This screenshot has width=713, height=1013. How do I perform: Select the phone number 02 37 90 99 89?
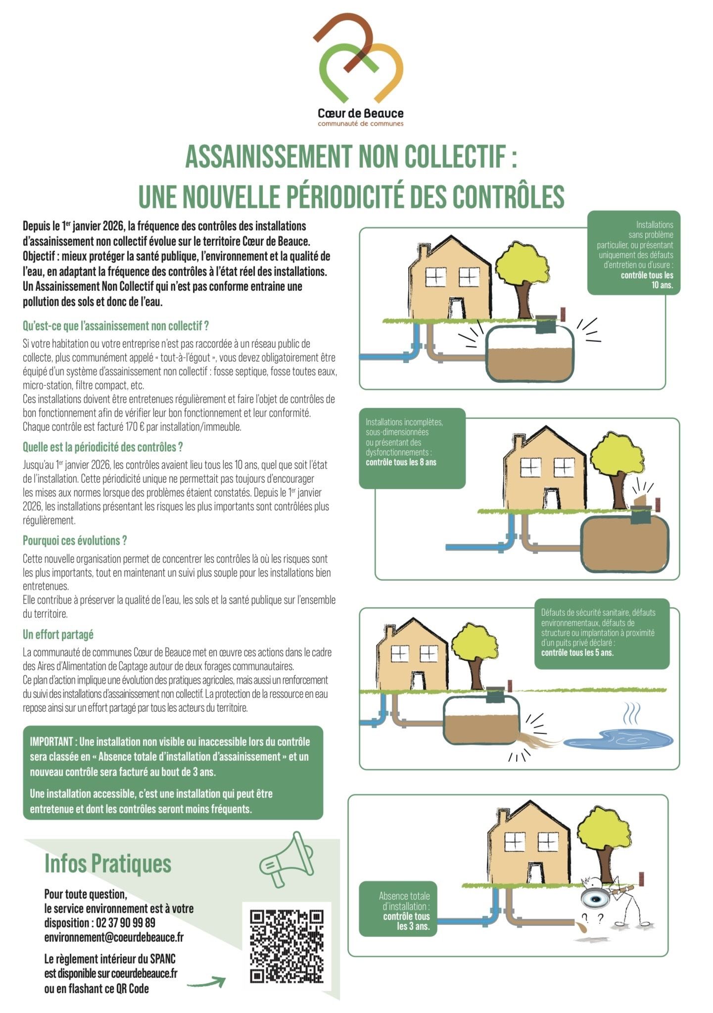pyautogui.click(x=126, y=923)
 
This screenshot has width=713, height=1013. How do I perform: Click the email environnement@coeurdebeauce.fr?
pyautogui.click(x=114, y=937)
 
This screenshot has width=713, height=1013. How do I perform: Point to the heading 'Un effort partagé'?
pyautogui.click(x=58, y=635)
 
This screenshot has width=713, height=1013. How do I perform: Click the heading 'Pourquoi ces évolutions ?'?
pyautogui.click(x=75, y=541)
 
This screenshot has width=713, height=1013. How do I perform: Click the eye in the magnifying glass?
pyautogui.click(x=594, y=898)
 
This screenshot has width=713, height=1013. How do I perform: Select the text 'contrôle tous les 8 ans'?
pyautogui.click(x=401, y=462)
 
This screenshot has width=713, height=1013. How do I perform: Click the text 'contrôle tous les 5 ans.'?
pyautogui.click(x=577, y=652)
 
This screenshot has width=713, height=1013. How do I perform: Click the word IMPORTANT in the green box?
pyautogui.click(x=52, y=742)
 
